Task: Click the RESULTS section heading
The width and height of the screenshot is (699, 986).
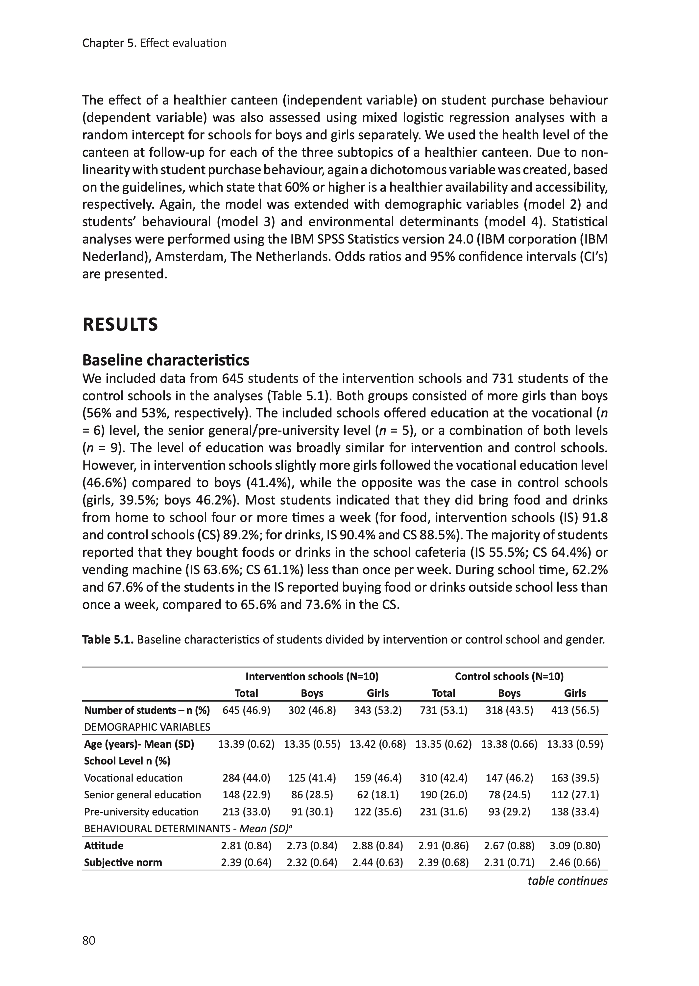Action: click(120, 325)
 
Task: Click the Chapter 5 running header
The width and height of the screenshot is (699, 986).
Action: click(154, 43)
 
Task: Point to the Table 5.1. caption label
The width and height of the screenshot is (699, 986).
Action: click(108, 640)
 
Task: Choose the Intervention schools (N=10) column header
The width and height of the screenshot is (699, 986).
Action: click(312, 677)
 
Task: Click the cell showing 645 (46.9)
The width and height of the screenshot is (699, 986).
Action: click(246, 710)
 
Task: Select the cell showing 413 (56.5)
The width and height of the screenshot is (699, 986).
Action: click(575, 710)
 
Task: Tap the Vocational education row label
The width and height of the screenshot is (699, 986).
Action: click(133, 778)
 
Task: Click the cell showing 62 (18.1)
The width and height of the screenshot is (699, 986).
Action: click(377, 795)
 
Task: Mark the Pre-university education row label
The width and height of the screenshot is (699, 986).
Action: click(141, 812)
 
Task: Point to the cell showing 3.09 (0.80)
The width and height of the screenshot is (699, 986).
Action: click(575, 846)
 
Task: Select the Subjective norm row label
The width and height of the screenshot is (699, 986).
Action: click(123, 862)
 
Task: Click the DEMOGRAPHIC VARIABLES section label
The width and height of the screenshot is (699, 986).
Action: click(147, 727)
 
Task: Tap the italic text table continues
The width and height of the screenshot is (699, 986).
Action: click(567, 880)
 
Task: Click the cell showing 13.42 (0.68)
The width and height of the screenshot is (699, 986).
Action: click(377, 744)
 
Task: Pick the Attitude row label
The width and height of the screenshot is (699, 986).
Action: click(104, 846)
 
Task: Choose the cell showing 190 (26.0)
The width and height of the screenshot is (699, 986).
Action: click(443, 795)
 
